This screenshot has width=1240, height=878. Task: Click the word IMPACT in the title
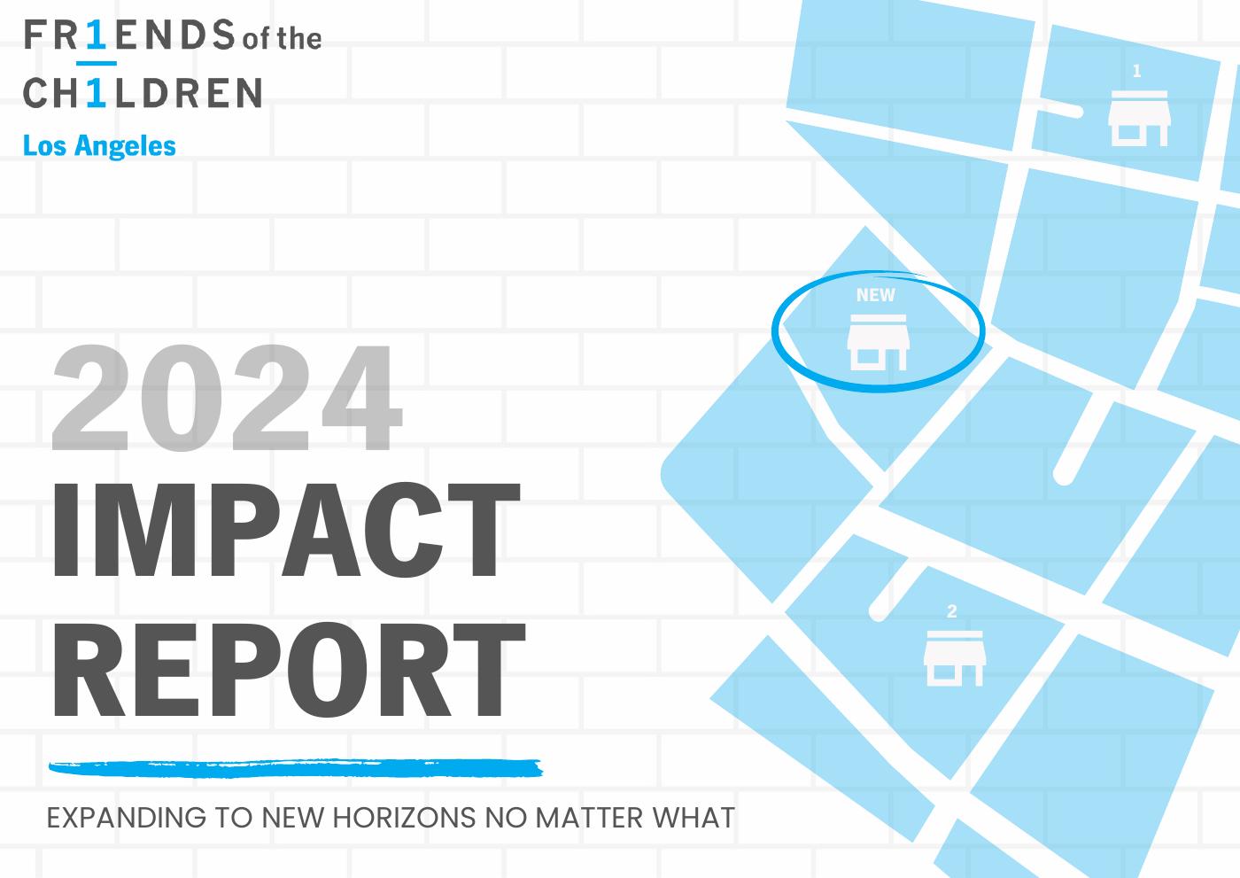click(286, 530)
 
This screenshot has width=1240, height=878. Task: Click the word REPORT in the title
click(289, 670)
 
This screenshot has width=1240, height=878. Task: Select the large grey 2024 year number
click(227, 397)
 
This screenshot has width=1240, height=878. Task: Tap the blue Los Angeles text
click(99, 146)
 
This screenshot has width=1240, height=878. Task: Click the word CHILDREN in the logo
click(143, 92)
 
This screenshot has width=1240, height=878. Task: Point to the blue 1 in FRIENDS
click(97, 35)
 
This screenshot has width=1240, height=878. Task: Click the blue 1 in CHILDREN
click(97, 92)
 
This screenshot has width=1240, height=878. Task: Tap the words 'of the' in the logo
click(283, 39)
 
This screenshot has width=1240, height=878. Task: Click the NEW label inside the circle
click(875, 295)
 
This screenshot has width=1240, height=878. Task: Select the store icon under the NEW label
click(878, 342)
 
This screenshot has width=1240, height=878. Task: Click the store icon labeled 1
click(1139, 119)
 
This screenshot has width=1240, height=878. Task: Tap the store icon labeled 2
click(955, 658)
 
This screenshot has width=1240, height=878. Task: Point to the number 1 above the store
click(1137, 71)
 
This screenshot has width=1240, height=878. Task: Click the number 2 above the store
click(951, 611)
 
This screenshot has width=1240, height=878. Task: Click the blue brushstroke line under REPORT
click(296, 768)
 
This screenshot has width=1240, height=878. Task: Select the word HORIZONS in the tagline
click(404, 818)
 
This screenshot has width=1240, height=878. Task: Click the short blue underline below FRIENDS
click(97, 63)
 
